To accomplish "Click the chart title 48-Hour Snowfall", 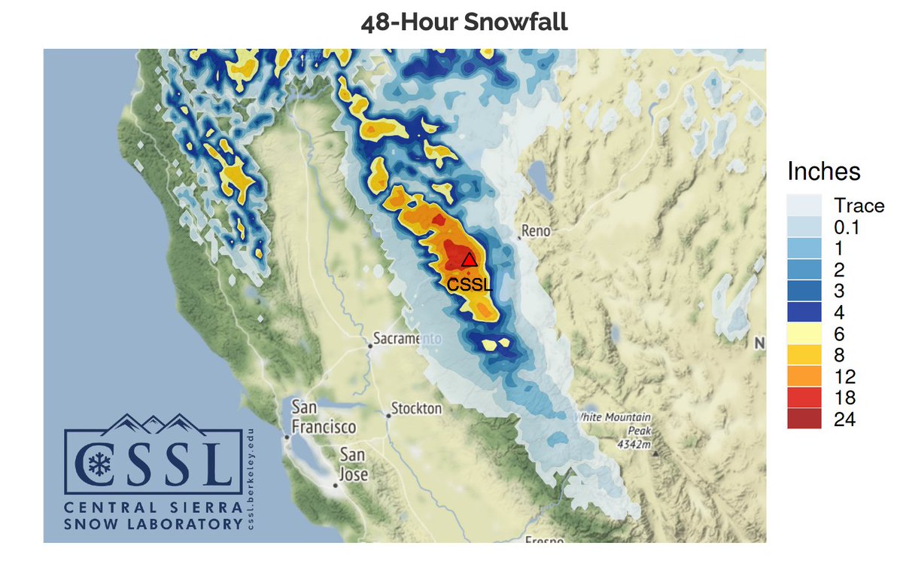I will pyautogui.click(x=464, y=23).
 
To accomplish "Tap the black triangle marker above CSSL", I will pyautogui.click(x=469, y=261).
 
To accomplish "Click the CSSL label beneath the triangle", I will pyautogui.click(x=469, y=285).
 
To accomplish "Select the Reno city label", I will pyautogui.click(x=537, y=230).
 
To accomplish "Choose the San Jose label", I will pyautogui.click(x=354, y=465).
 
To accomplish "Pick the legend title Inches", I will pyautogui.click(x=823, y=172).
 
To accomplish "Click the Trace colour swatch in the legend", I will pyautogui.click(x=804, y=206).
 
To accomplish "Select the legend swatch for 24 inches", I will pyautogui.click(x=804, y=419).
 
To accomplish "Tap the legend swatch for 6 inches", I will pyautogui.click(x=804, y=333).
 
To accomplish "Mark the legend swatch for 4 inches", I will pyautogui.click(x=804, y=312).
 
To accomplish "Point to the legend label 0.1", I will pyautogui.click(x=847, y=227).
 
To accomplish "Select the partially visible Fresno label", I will pyautogui.click(x=540, y=540).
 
